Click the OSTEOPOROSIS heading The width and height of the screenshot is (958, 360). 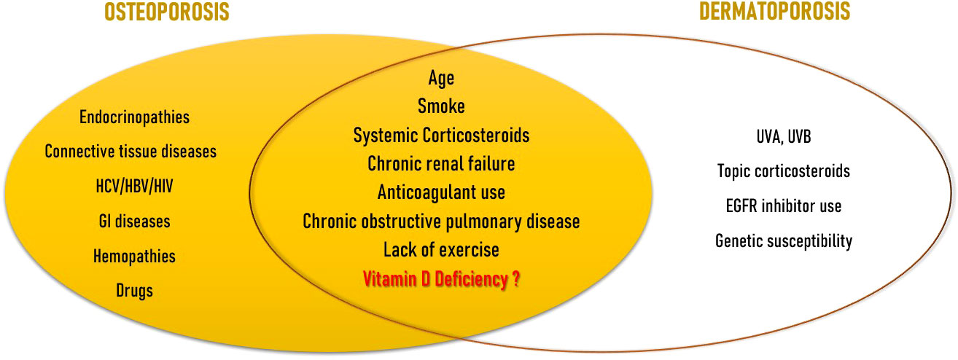click(x=167, y=12)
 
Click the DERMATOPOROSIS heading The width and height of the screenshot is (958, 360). click(x=774, y=11)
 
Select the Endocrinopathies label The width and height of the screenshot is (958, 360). click(x=134, y=117)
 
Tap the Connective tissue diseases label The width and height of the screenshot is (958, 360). click(x=131, y=152)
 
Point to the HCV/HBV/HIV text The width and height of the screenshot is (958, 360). click(x=134, y=187)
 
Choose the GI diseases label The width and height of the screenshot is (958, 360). click(x=134, y=222)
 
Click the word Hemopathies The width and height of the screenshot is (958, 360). click(x=134, y=257)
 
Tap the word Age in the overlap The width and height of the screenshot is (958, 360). click(x=441, y=79)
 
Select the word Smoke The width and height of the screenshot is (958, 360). click(x=441, y=106)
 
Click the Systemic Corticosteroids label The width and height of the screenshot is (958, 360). click(x=441, y=136)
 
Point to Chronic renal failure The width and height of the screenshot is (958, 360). click(x=441, y=164)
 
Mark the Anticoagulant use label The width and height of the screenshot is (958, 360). click(x=441, y=193)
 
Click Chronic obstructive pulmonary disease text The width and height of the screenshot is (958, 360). click(x=441, y=222)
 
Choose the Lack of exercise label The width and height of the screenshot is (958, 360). click(x=441, y=250)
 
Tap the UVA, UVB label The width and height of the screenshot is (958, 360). click(x=784, y=137)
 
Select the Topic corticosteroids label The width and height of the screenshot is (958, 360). click(x=784, y=171)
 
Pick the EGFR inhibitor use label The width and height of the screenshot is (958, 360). click(x=784, y=206)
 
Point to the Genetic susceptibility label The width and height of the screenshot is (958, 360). click(x=784, y=241)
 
